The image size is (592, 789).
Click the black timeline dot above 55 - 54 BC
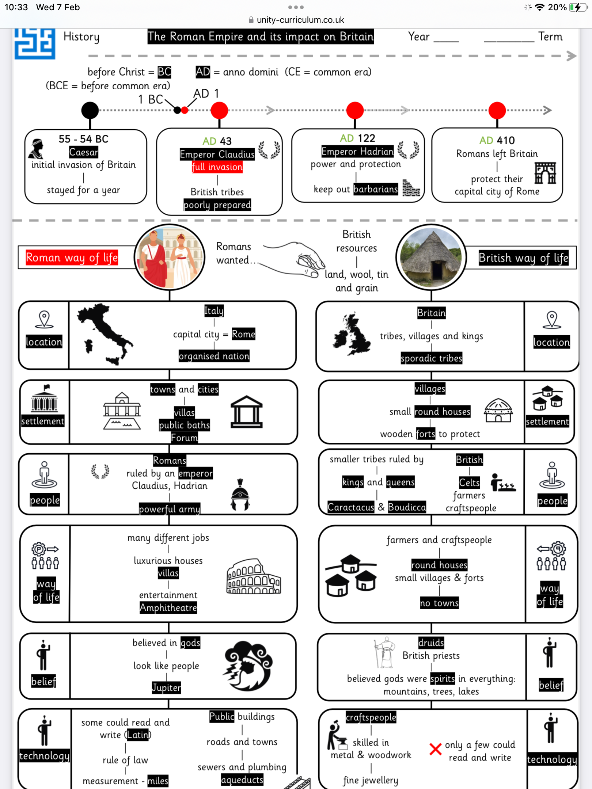click(90, 110)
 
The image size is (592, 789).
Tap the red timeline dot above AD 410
click(497, 110)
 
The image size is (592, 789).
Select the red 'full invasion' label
click(217, 167)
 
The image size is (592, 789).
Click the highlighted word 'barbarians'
click(376, 189)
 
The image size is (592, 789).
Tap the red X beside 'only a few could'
click(435, 749)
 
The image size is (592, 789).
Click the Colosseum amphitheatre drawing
click(254, 576)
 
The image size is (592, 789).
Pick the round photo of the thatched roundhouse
click(431, 258)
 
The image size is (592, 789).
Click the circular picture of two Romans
click(170, 257)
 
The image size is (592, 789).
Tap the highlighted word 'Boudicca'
click(407, 507)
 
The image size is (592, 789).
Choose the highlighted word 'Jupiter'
click(167, 687)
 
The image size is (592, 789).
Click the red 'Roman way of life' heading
click(72, 258)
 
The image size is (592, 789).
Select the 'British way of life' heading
click(523, 258)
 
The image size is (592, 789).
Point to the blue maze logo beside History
click(35, 44)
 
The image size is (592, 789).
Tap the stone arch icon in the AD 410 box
click(545, 173)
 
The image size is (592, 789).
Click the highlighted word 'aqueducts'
click(242, 780)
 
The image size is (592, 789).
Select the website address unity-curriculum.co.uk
click(300, 20)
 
